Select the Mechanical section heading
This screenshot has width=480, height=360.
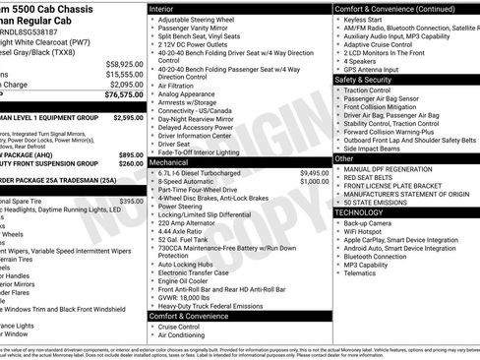click(x=175, y=161)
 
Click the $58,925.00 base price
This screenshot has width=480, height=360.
click(x=125, y=63)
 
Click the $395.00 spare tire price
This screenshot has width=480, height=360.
click(x=131, y=201)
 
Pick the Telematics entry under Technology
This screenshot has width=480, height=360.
click(x=363, y=274)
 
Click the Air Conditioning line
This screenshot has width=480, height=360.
click(x=188, y=334)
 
